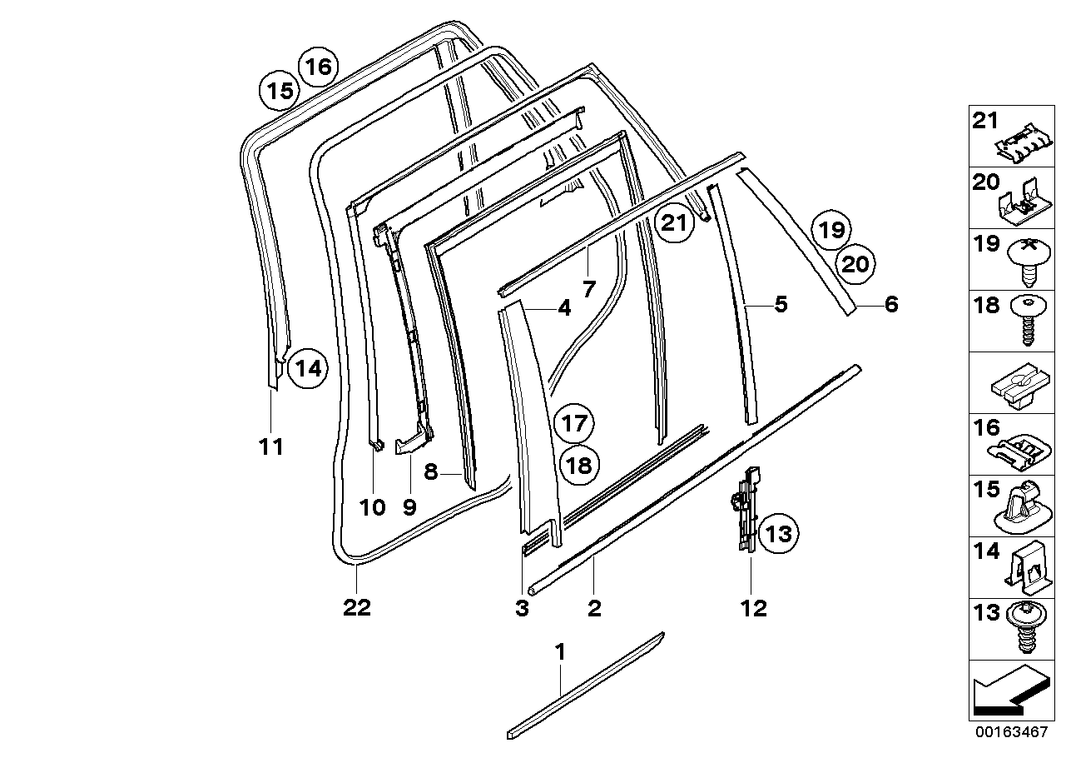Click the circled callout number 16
click(316, 66)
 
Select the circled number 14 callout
click(308, 367)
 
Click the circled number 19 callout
click(830, 229)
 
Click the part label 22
click(356, 608)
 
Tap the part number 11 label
click(270, 447)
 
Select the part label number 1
click(560, 651)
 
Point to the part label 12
click(753, 609)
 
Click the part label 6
click(890, 305)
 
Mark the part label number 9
click(409, 506)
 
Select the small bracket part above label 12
click(749, 510)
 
